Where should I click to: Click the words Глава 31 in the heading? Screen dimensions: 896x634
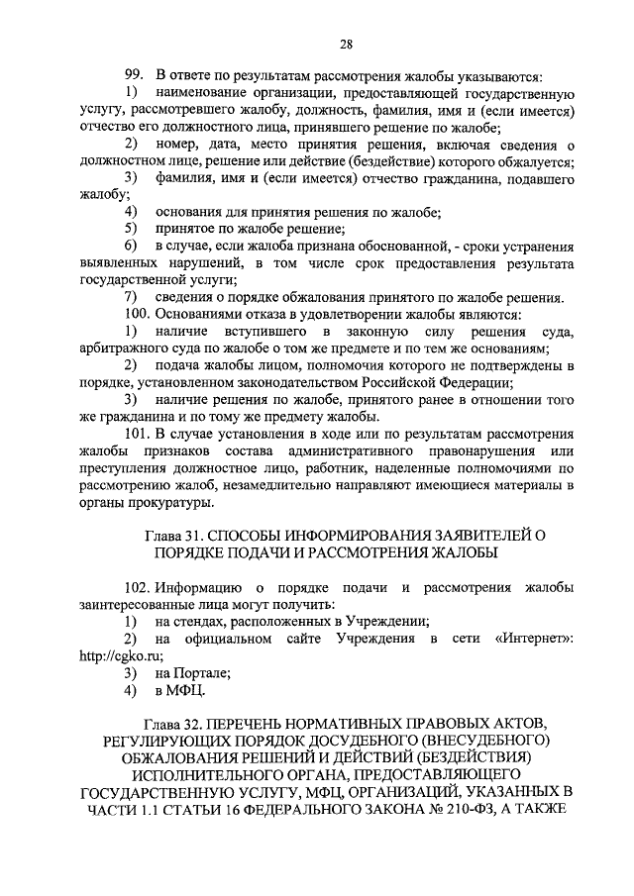click(x=177, y=537)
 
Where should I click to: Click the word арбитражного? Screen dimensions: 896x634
click(x=128, y=348)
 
